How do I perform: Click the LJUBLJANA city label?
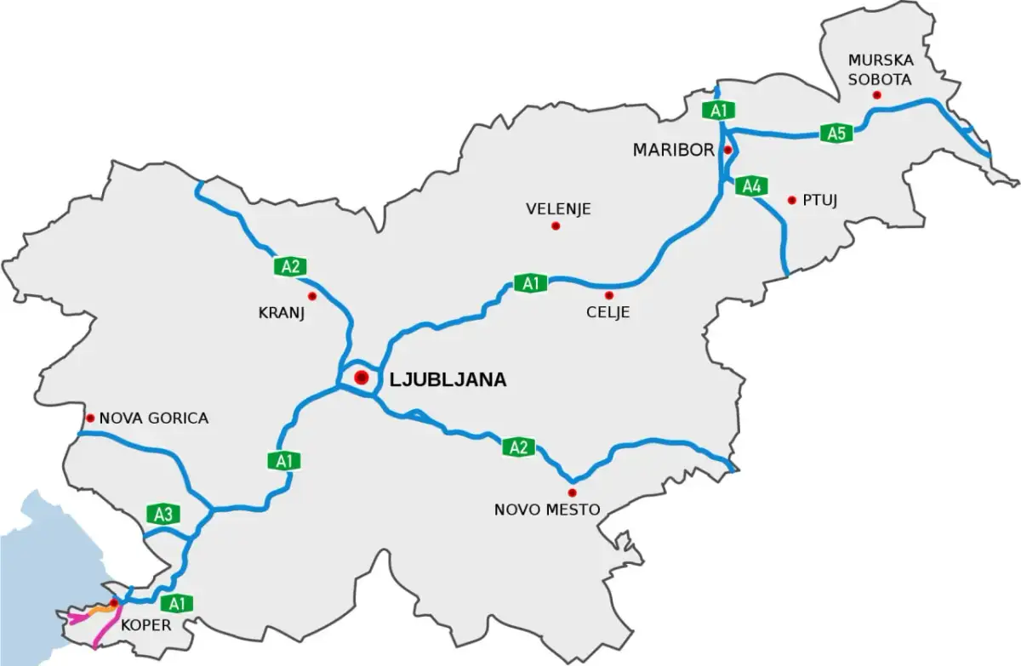(x=448, y=380)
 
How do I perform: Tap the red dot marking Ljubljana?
(x=362, y=378)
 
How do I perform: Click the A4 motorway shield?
(x=750, y=186)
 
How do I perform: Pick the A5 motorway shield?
(x=836, y=133)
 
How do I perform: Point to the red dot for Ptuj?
(x=792, y=201)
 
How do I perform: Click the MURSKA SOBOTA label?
(x=880, y=70)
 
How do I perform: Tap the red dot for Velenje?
(x=556, y=225)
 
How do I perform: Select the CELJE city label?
(x=607, y=312)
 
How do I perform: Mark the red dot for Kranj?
(x=312, y=296)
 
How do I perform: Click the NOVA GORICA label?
(x=153, y=418)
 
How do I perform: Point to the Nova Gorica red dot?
(x=89, y=418)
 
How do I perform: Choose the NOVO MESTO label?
(x=547, y=510)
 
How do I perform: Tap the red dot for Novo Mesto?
(x=572, y=492)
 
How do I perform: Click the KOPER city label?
(x=146, y=625)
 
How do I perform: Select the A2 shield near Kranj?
(x=290, y=266)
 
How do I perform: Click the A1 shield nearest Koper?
(x=177, y=604)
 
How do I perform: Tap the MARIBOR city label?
(x=673, y=151)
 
